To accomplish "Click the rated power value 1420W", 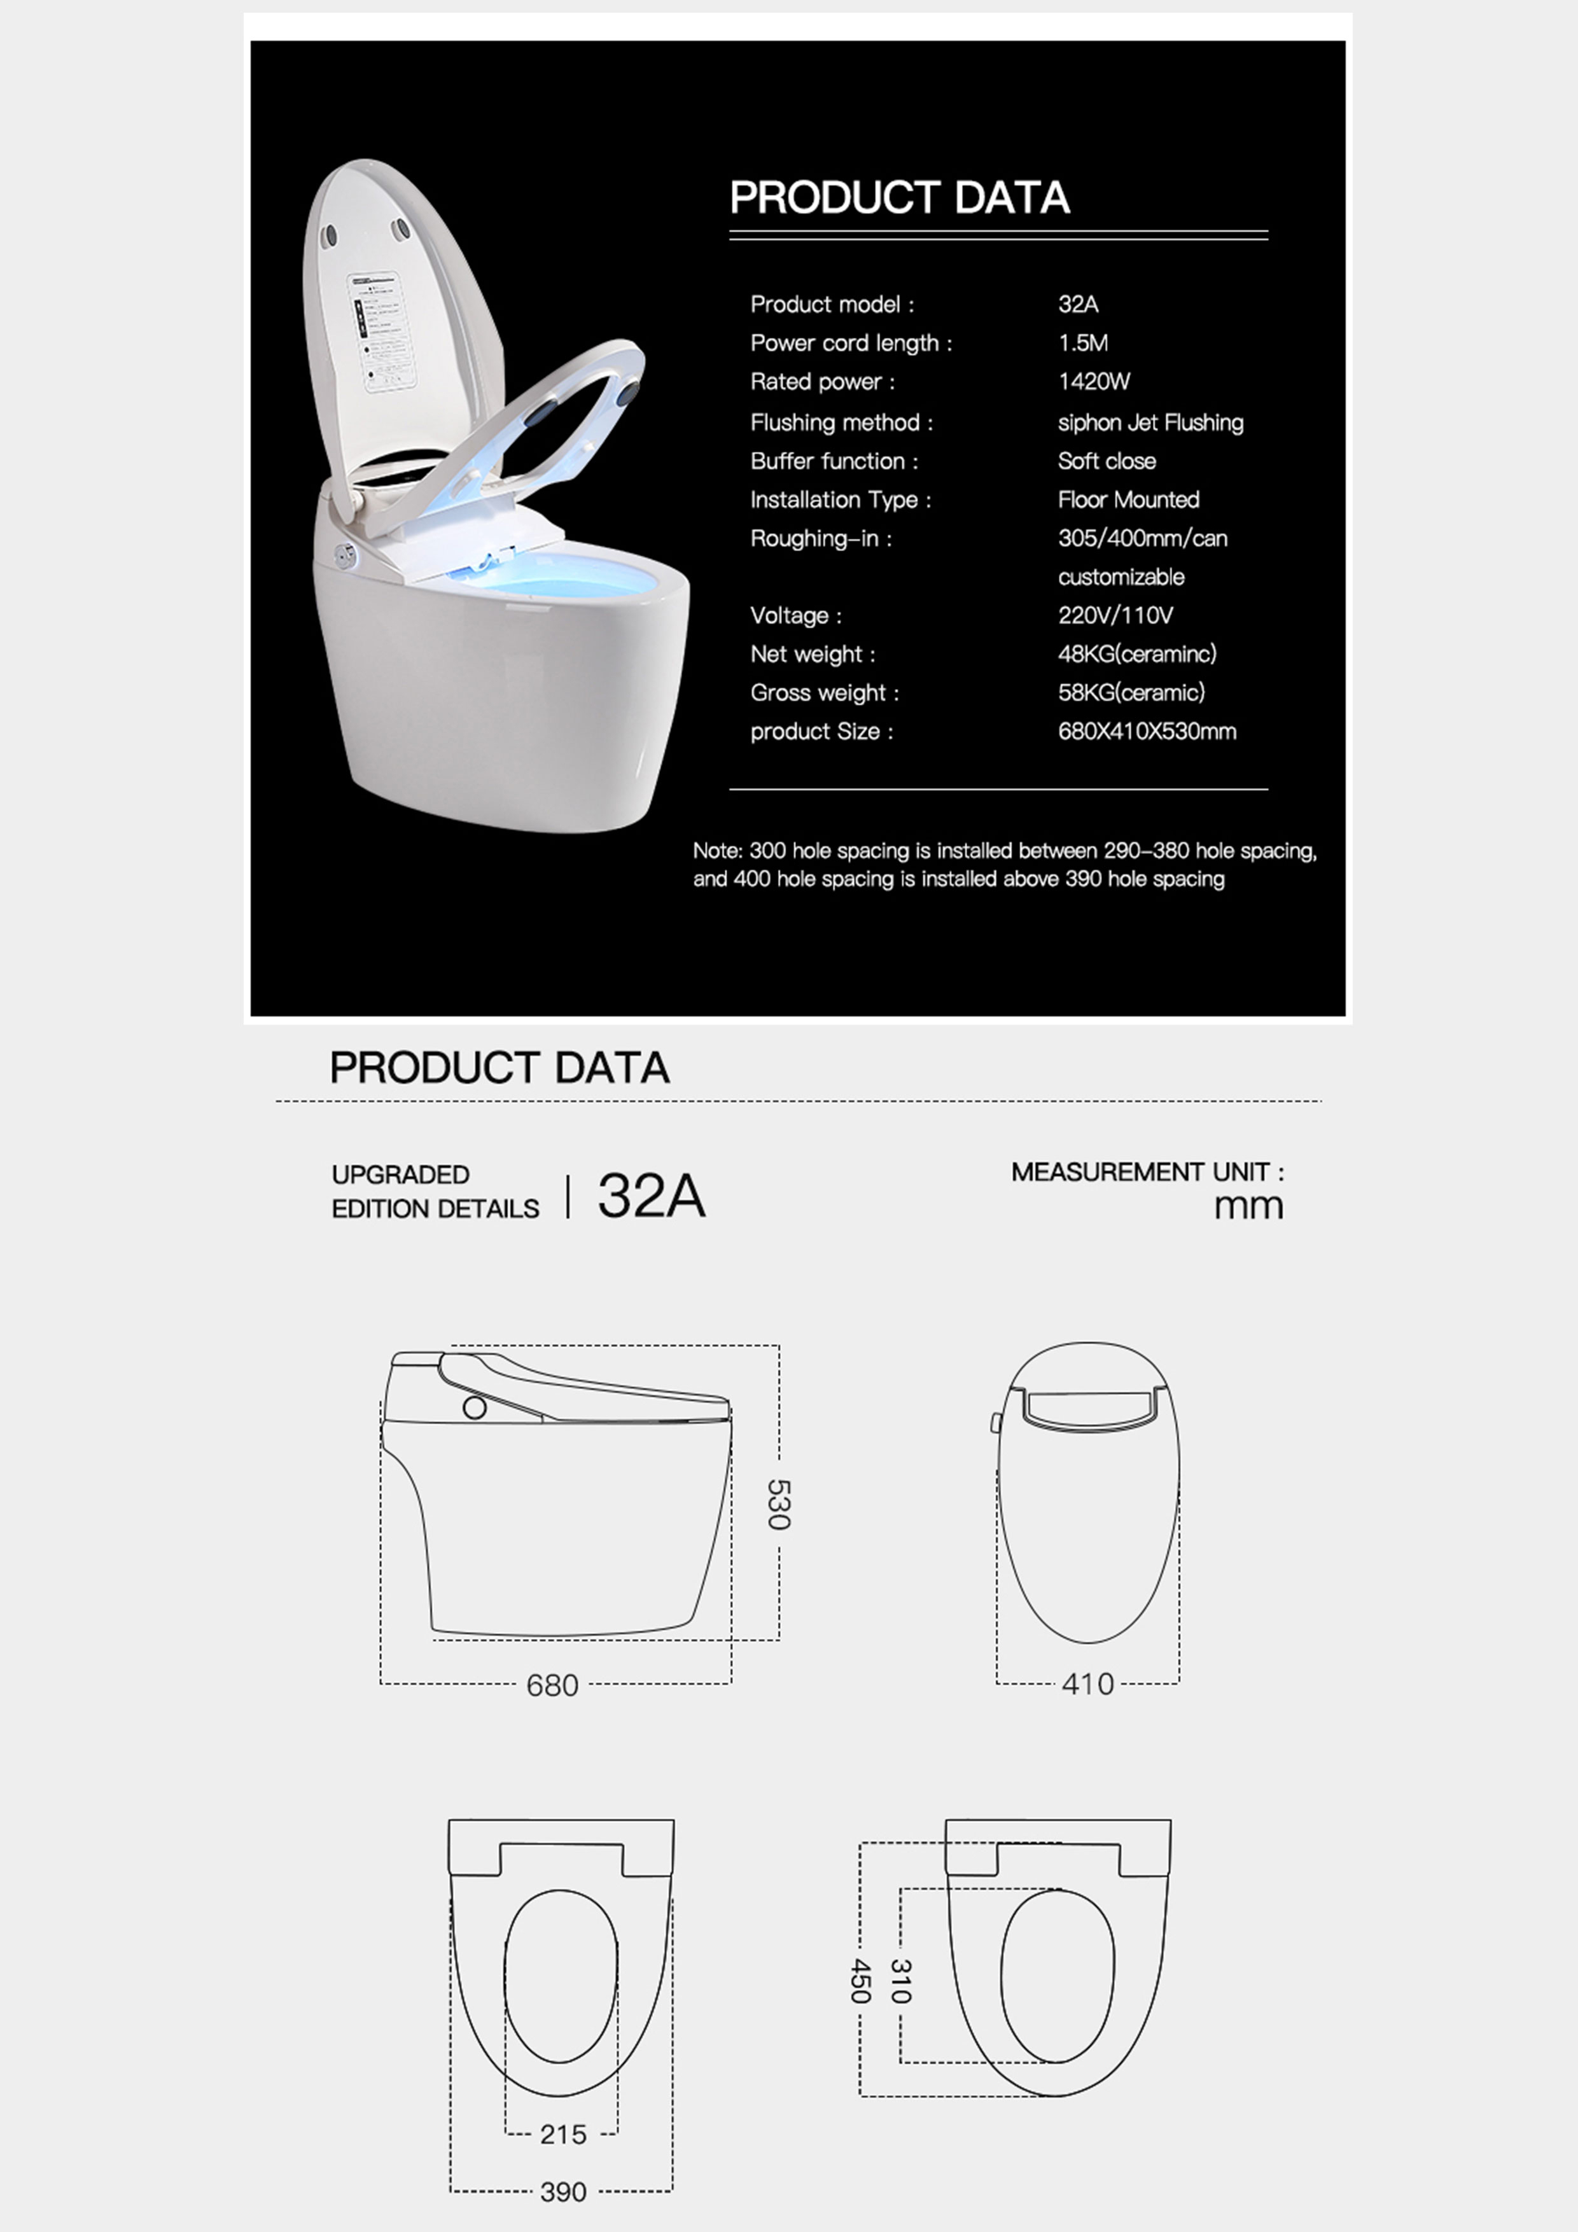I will pyautogui.click(x=1094, y=382).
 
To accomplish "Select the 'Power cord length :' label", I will pyautogui.click(x=851, y=343).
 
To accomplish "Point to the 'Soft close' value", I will pyautogui.click(x=1107, y=461).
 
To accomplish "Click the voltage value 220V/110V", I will pyautogui.click(x=1115, y=615).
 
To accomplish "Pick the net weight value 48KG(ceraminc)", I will pyautogui.click(x=1136, y=654).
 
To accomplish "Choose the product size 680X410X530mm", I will pyautogui.click(x=1147, y=731).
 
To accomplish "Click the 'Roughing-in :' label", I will pyautogui.click(x=821, y=538).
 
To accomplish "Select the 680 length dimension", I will pyautogui.click(x=552, y=1685).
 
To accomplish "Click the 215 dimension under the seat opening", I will pyautogui.click(x=563, y=2134).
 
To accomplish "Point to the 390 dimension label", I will pyautogui.click(x=563, y=2191).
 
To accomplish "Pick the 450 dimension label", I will pyautogui.click(x=860, y=1980).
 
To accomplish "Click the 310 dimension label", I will pyautogui.click(x=900, y=1980).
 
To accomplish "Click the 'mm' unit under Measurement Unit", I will pyautogui.click(x=1248, y=1206).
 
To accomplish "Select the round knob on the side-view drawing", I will pyautogui.click(x=475, y=1407).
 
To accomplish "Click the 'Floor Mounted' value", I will pyautogui.click(x=1128, y=499).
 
